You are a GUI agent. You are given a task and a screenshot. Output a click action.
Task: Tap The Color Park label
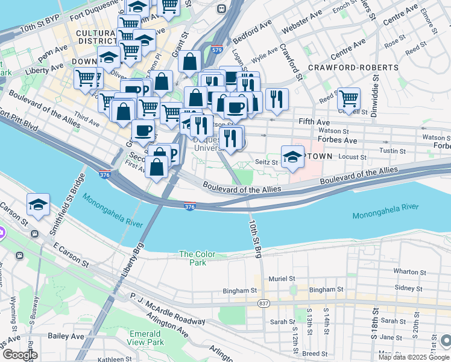point(193,258)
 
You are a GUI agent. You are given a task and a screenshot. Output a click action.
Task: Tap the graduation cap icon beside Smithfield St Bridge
point(37,205)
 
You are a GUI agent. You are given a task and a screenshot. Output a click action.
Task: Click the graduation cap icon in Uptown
point(292,156)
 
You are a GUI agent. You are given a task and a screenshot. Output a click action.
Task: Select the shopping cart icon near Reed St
point(348,98)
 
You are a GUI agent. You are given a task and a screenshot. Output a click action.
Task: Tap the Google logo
point(19,355)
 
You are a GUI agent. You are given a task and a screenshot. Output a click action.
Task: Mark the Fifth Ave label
point(315,121)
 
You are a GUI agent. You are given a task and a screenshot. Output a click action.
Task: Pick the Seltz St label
point(265,162)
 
